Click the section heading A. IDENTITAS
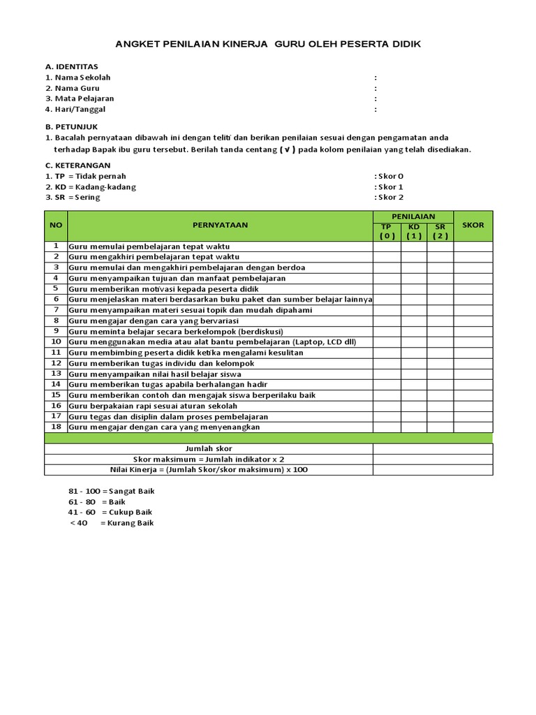point(72,66)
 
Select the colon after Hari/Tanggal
point(375,110)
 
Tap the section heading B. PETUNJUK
point(71,126)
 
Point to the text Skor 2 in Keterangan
point(389,198)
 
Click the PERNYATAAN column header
point(220,226)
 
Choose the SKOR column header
point(472,226)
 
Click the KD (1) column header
point(414,231)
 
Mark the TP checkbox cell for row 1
point(387,246)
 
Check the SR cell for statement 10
point(440,342)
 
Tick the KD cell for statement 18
point(414,427)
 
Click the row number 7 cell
point(56,310)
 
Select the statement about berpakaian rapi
point(153,406)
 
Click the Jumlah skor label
point(209,448)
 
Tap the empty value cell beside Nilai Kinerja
point(432,470)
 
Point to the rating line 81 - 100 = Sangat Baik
point(111,491)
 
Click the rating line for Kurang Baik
point(111,523)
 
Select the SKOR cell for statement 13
point(472,374)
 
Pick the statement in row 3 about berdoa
point(186,267)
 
